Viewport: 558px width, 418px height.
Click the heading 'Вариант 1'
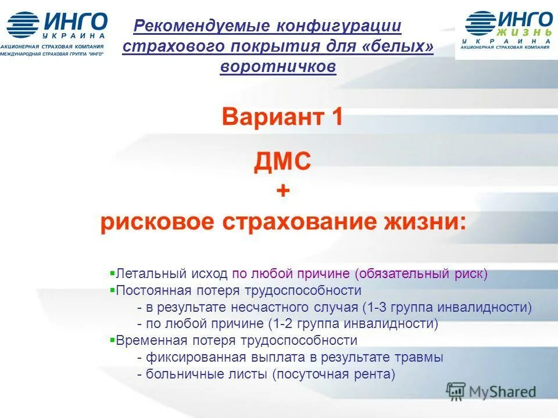point(282,118)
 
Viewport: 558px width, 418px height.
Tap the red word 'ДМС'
point(282,161)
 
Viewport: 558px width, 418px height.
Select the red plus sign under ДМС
point(282,192)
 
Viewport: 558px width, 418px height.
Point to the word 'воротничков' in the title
point(278,67)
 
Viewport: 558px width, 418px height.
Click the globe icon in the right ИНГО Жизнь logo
point(479,24)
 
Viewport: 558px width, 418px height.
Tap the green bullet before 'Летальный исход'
point(113,272)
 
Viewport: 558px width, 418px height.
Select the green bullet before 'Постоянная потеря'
point(113,289)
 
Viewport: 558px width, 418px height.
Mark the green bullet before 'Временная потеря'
point(113,340)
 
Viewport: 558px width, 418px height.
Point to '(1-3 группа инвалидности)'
point(446,307)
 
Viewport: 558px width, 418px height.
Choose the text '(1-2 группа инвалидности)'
point(353,323)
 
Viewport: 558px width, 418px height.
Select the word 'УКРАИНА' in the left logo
point(74,36)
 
